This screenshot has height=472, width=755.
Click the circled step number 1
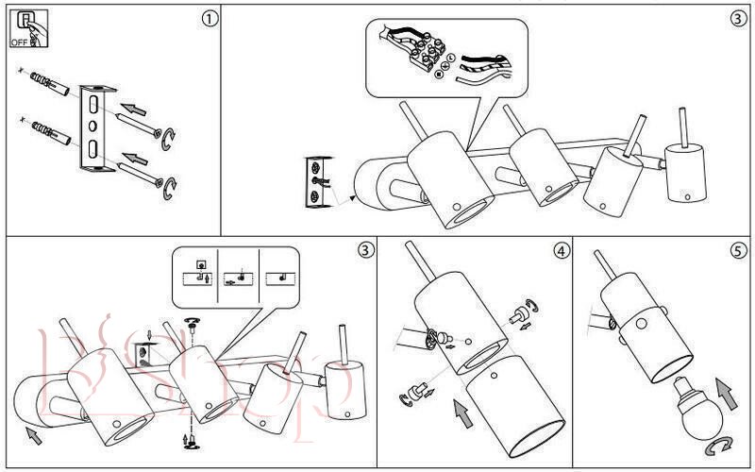point(210,18)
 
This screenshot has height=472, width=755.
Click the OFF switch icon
point(25,27)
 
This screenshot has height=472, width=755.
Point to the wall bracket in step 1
point(95,129)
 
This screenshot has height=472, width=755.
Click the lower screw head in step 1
point(160,180)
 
